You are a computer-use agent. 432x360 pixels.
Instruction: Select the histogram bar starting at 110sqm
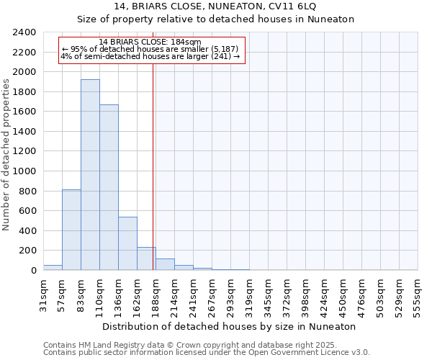109,187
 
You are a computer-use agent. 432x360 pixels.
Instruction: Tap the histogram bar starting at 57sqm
71,230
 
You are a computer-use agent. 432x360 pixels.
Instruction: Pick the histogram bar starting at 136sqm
127,243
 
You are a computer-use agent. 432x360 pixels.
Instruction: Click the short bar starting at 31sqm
53,267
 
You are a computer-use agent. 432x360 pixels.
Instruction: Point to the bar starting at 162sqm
146,258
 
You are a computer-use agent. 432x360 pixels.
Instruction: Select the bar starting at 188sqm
165,264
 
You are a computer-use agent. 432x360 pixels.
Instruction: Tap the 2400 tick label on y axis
24,32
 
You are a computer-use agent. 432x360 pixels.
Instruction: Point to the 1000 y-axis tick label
24,171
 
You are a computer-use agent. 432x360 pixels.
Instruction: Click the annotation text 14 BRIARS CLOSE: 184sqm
150,42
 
